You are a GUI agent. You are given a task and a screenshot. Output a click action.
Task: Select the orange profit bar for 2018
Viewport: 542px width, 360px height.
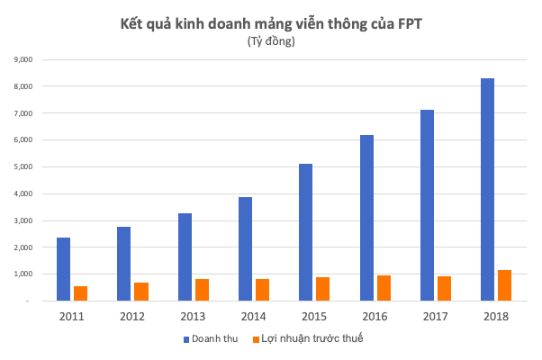pyautogui.click(x=504, y=285)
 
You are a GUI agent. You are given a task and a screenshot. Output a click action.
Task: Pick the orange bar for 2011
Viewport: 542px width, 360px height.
pyautogui.click(x=81, y=292)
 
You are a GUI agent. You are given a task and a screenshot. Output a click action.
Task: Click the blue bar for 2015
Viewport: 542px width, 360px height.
pyautogui.click(x=306, y=232)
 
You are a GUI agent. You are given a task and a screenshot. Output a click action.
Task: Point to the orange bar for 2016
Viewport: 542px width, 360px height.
pyautogui.click(x=384, y=288)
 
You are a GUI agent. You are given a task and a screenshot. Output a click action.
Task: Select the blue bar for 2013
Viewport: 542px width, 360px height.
pyautogui.click(x=185, y=256)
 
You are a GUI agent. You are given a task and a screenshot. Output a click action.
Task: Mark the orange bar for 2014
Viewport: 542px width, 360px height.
pyautogui.click(x=262, y=290)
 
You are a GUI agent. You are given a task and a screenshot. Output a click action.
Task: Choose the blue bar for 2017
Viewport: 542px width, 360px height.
pyautogui.click(x=427, y=205)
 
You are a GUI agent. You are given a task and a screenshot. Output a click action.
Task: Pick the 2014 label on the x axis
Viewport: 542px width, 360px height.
pyautogui.click(x=253, y=316)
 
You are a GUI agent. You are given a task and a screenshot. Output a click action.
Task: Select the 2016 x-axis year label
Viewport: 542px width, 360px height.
pyautogui.click(x=375, y=316)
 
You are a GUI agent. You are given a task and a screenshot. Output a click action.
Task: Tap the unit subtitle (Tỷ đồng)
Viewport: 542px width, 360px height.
pyautogui.click(x=271, y=41)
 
